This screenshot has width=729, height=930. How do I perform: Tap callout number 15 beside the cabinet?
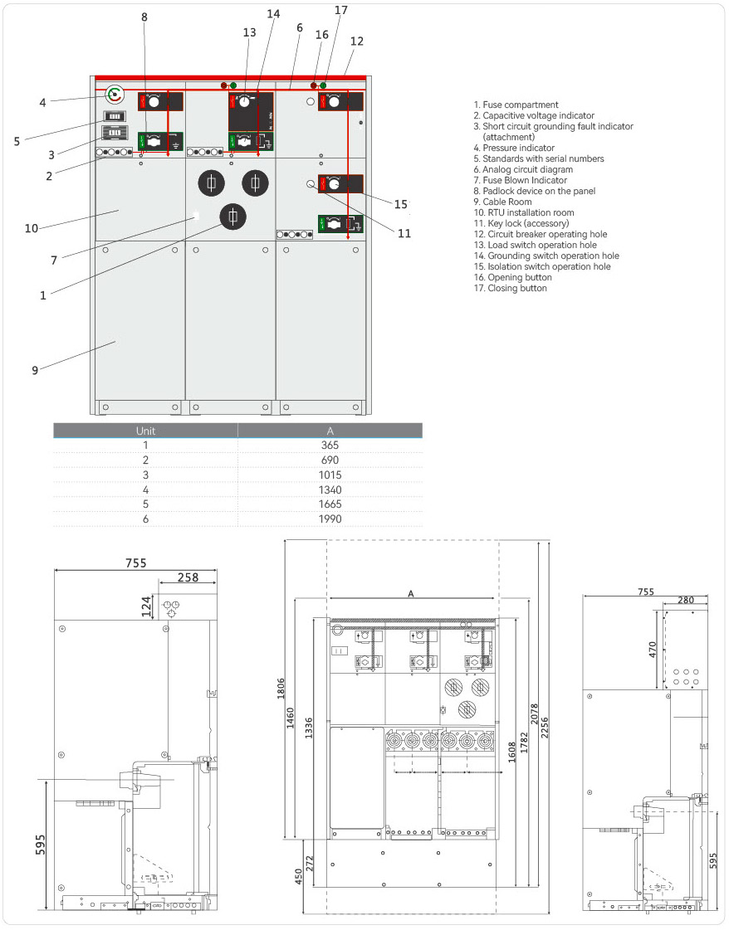point(401,203)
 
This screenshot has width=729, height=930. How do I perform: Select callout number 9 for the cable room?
point(35,370)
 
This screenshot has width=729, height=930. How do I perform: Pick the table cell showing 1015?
point(330,475)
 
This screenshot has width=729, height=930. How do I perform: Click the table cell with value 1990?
point(330,519)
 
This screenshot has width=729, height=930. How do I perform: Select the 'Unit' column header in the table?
point(145,431)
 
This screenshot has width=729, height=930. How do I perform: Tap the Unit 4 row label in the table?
point(145,489)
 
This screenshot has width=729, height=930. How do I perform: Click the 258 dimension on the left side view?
point(188,577)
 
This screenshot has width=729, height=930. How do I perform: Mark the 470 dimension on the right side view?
point(653,650)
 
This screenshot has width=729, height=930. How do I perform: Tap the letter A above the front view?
point(410,593)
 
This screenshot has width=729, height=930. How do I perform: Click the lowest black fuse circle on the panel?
point(236,217)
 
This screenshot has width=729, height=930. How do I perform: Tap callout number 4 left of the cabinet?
point(42,103)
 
